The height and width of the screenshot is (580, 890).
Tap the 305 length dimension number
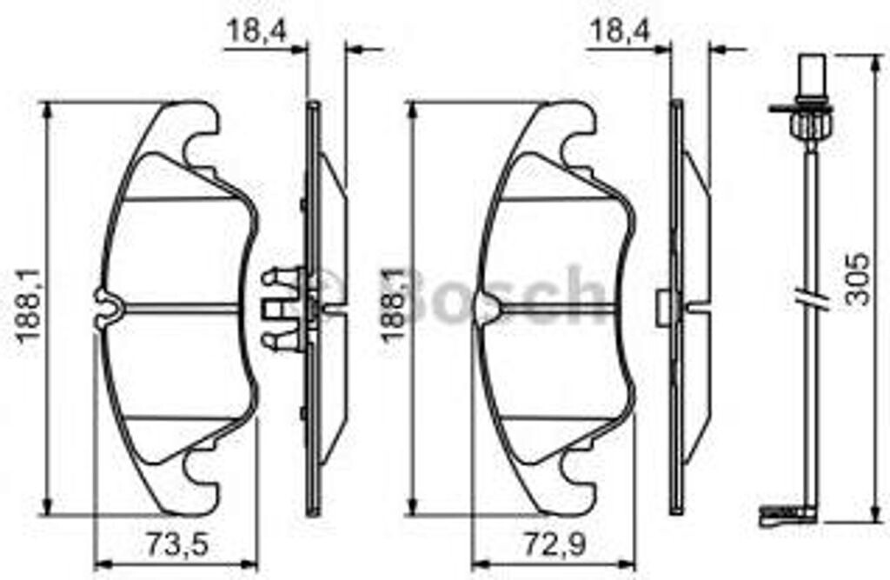857,279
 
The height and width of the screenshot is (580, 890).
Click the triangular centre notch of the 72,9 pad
488,306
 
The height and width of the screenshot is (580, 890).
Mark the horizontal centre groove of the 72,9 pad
556,306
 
